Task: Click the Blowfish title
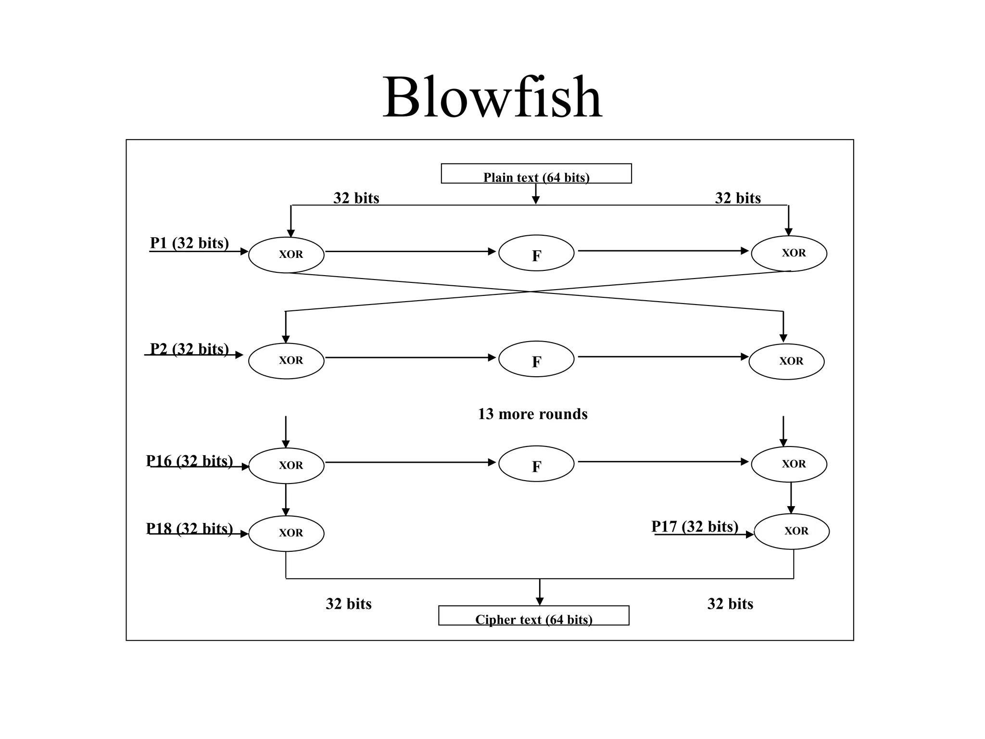(492, 98)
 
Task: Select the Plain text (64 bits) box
(536, 174)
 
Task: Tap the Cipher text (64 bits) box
(533, 616)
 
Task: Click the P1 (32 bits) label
(189, 243)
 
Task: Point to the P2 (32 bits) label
(189, 349)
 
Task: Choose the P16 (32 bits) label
(189, 461)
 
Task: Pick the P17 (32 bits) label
(695, 526)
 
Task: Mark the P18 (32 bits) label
(189, 528)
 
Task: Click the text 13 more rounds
(532, 414)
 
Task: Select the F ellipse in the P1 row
(536, 254)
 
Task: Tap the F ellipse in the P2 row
(536, 359)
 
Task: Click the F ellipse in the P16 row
(536, 464)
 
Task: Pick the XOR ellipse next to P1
(286, 255)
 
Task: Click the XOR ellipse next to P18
(286, 534)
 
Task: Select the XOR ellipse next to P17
(791, 532)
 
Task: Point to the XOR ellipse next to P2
(286, 361)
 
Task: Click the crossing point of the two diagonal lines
(531, 292)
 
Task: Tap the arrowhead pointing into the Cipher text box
(540, 601)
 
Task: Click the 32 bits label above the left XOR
(356, 198)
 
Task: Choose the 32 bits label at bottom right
(730, 604)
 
